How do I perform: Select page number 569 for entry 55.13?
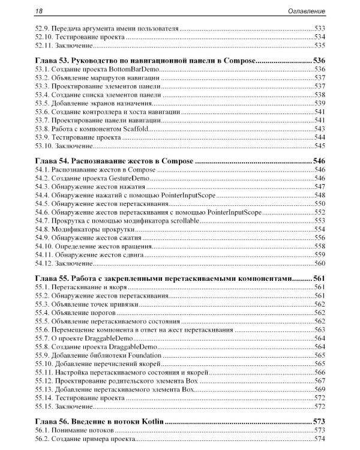(319, 389)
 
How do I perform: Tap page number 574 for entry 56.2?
(319, 439)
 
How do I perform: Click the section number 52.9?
(43, 28)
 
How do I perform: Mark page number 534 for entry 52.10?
(319, 37)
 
